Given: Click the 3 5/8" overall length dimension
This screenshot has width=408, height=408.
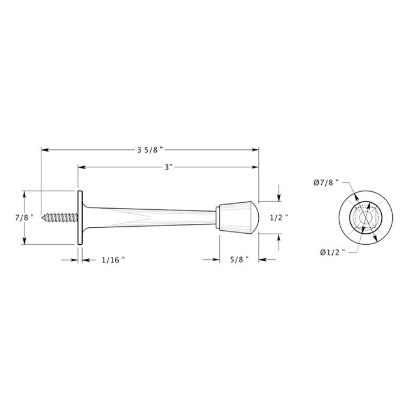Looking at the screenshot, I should [150, 150].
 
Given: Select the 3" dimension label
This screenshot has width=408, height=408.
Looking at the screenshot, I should [168, 167].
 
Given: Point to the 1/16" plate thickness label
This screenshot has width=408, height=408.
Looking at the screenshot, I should [113, 260].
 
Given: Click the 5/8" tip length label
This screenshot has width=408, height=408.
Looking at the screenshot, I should [239, 260].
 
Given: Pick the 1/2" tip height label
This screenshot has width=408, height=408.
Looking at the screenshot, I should [279, 217].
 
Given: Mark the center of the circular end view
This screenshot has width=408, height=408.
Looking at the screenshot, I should [365, 217].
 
